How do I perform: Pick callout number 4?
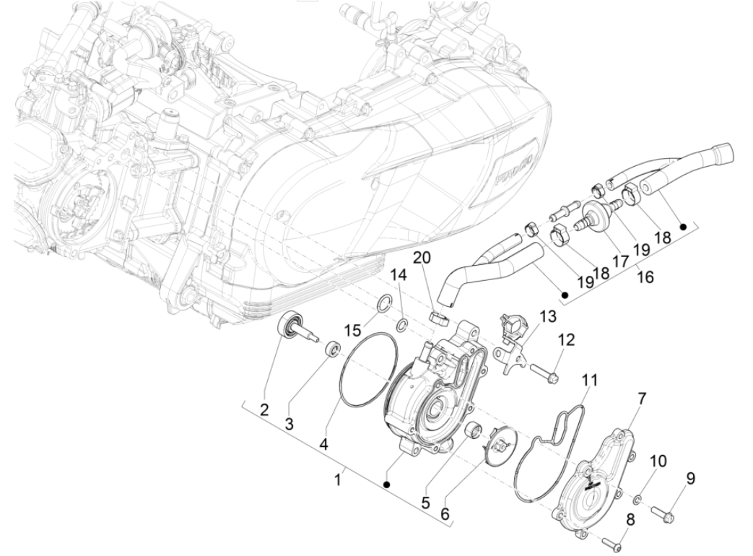click(323, 446)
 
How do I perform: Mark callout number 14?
click(399, 275)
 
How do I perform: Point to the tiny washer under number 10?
click(637, 499)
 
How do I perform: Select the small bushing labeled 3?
click(332, 348)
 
